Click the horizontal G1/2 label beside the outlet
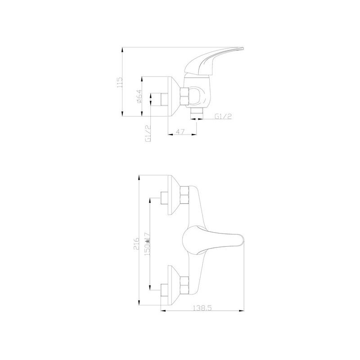point(223,117)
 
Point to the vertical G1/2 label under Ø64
point(148,133)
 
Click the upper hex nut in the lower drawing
point(184,196)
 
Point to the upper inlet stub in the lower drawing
point(164,197)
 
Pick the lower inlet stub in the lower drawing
point(164,286)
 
